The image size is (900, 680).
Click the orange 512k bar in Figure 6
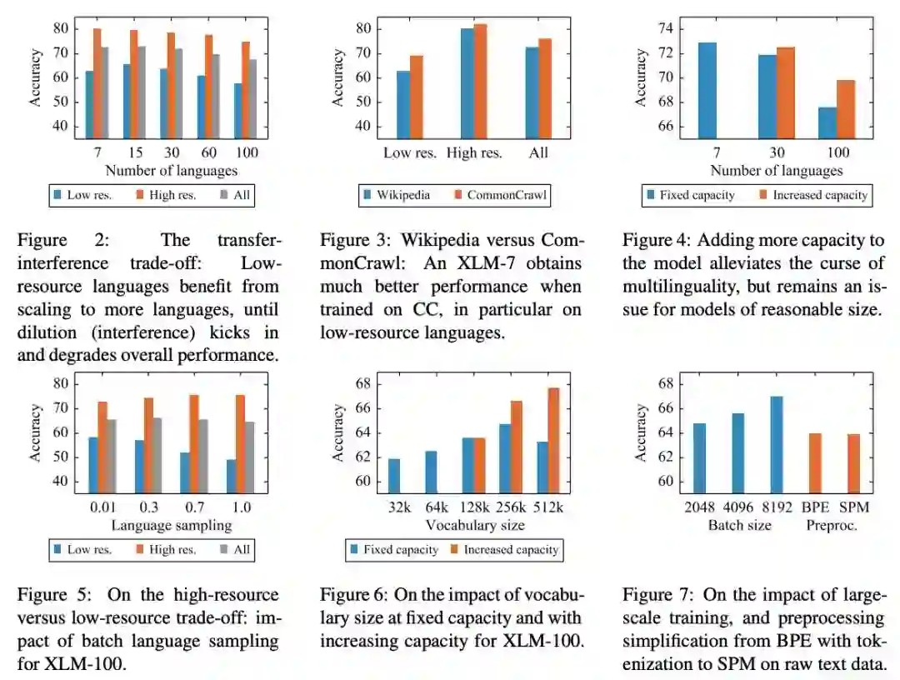coord(553,440)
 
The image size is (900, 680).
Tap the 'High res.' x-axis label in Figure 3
coord(474,152)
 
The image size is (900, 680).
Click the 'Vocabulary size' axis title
coord(475,525)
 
